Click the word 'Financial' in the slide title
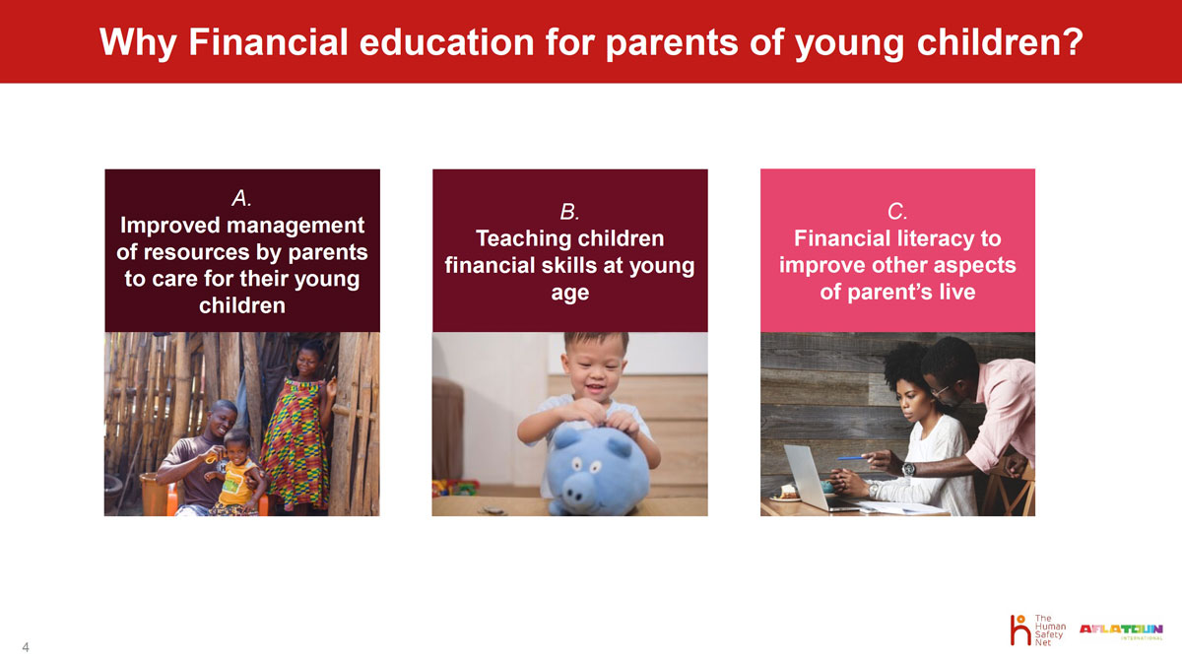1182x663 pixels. [268, 42]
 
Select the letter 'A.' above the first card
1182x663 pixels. [241, 198]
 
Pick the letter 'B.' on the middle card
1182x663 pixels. [570, 212]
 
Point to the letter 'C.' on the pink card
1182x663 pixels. [897, 212]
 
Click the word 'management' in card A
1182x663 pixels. [295, 226]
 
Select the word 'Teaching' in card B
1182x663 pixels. [518, 239]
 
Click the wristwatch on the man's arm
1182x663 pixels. [907, 469]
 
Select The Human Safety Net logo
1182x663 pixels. [1038, 630]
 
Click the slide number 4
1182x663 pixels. [26, 647]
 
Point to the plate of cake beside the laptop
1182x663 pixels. [785, 493]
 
